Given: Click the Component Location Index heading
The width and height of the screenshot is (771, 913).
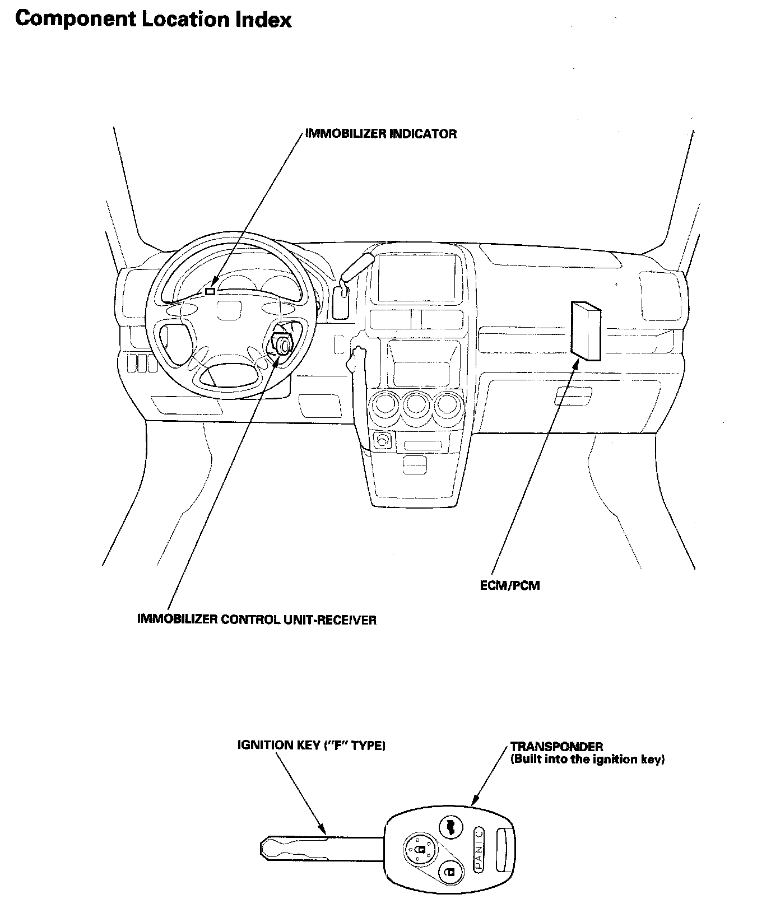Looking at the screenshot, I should [x=153, y=20].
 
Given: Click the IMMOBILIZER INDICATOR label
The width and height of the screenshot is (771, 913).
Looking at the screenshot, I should [x=381, y=134].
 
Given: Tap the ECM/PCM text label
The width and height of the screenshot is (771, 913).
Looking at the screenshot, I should [x=510, y=586].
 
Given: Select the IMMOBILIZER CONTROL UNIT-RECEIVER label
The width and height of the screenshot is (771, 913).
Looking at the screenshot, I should [x=257, y=620].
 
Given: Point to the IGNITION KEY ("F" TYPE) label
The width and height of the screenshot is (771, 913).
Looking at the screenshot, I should [x=312, y=745].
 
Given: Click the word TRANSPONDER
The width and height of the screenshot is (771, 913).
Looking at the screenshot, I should [x=556, y=747].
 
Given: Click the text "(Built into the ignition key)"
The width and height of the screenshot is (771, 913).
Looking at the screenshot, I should [x=587, y=760].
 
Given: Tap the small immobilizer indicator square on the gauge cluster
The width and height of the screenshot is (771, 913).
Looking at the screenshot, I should [x=211, y=291].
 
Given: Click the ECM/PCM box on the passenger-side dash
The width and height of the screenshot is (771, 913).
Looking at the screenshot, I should [x=585, y=330].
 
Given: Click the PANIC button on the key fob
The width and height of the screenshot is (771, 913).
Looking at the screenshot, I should [x=479, y=849].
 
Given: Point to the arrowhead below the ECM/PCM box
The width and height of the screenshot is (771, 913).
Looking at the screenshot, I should [x=575, y=364].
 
